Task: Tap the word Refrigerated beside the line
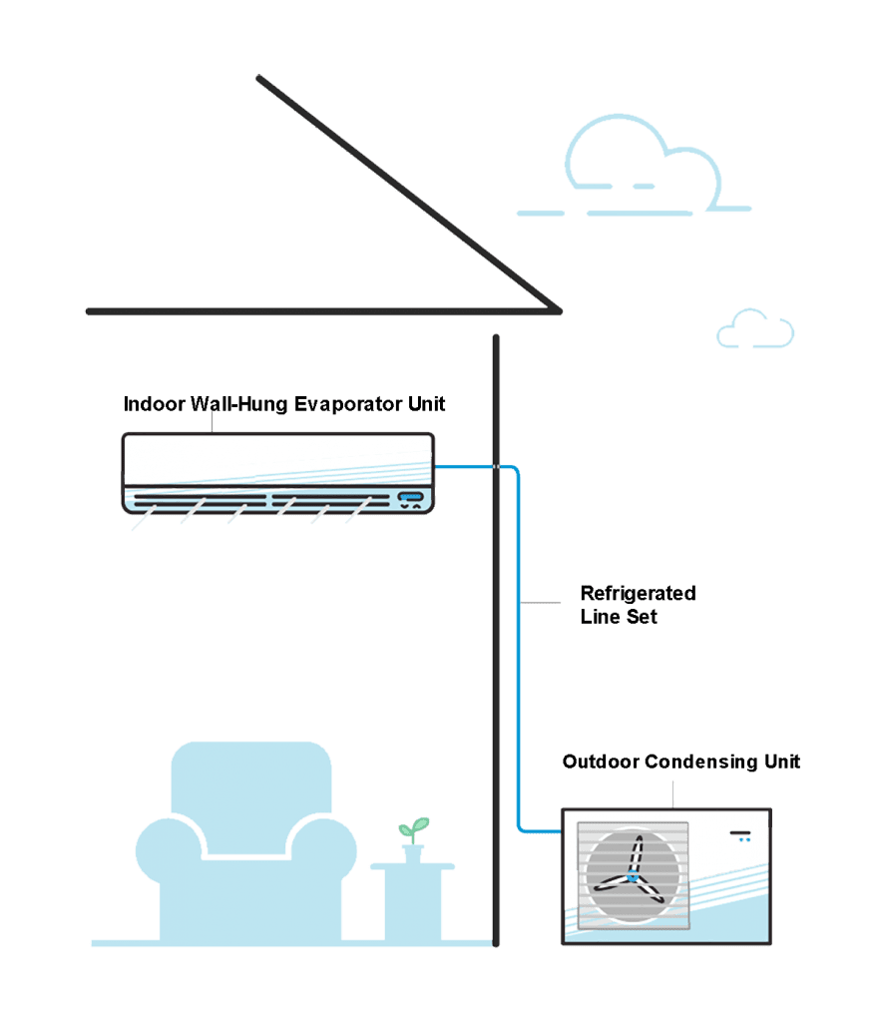638,593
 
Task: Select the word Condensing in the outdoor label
700,763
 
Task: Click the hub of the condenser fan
633,878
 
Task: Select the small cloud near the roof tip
755,330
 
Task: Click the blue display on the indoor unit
411,495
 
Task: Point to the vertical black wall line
496,699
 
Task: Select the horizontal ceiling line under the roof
299,311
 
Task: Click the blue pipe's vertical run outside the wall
519,649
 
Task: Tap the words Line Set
619,617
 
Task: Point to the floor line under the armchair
249,942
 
